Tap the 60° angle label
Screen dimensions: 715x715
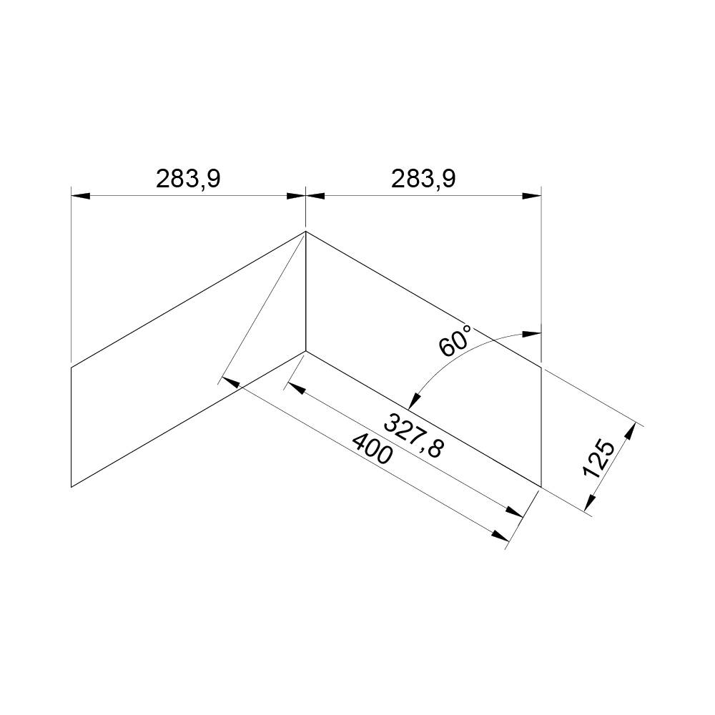[455, 340]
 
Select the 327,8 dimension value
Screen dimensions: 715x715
[414, 435]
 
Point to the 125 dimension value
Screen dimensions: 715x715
[599, 458]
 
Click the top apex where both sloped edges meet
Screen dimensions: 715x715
[306, 231]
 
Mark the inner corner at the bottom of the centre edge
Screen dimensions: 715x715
[306, 350]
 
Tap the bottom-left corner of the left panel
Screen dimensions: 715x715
[71, 486]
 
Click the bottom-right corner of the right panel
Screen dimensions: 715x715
[541, 486]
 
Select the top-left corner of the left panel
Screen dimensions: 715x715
[71, 367]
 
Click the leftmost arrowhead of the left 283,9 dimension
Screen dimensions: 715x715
[79, 195]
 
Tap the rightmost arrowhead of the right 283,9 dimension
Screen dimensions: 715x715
[533, 195]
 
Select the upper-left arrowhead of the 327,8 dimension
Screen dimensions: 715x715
[295, 389]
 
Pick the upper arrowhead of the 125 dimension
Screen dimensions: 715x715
[630, 431]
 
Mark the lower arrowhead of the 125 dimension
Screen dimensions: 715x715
[589, 506]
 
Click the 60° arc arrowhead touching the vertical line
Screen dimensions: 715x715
[533, 333]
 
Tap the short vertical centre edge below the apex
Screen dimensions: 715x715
[306, 293]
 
